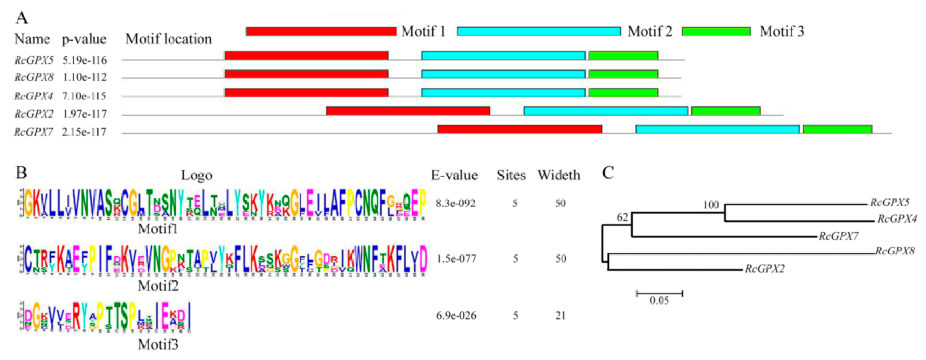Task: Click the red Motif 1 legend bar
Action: (x=321, y=31)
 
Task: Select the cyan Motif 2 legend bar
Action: (x=539, y=31)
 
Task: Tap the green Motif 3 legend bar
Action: (x=716, y=31)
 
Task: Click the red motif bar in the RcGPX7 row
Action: (x=520, y=129)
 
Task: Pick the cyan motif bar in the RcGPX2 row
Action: (x=606, y=111)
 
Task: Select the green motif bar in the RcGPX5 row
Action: (x=623, y=56)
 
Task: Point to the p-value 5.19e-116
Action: (x=85, y=60)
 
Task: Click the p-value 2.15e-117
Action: (x=84, y=132)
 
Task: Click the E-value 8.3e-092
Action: (x=455, y=204)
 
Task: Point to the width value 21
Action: (x=560, y=316)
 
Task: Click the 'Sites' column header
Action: (x=511, y=175)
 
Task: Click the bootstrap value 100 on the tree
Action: (x=711, y=205)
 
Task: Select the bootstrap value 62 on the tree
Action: (x=622, y=217)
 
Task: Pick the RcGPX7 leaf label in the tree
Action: (x=839, y=236)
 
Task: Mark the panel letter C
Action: (x=608, y=173)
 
